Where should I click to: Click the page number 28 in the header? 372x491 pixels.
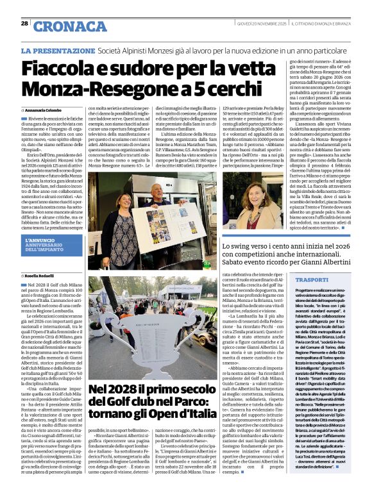tap(24, 23)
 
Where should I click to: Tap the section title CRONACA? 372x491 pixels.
tap(70, 26)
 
